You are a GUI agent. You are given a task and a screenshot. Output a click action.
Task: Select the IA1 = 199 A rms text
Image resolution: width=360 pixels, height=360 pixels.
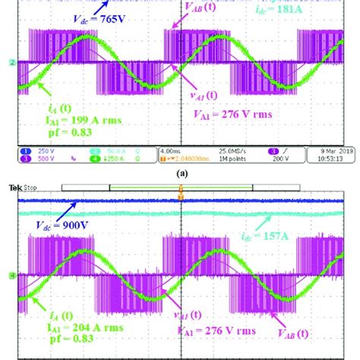click(52, 122)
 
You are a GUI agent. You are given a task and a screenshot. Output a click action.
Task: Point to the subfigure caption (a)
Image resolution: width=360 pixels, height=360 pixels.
click(180, 172)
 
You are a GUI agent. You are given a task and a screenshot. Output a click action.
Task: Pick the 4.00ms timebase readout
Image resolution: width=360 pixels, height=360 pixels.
click(172, 151)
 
